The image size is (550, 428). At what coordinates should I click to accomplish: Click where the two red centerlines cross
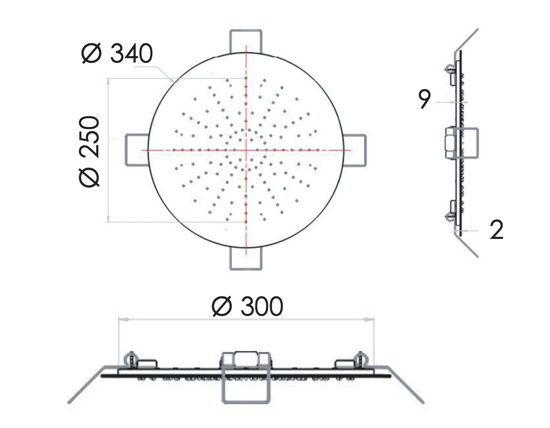[x=246, y=150]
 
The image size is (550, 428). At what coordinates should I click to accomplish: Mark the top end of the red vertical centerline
[x=246, y=45]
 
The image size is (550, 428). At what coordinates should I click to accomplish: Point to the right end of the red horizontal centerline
[x=350, y=150]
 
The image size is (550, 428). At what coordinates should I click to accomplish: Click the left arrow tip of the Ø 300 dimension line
[x=119, y=319]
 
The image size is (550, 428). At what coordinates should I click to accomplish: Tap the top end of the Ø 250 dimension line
[x=108, y=79]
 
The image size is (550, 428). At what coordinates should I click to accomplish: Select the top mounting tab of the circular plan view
[x=246, y=41]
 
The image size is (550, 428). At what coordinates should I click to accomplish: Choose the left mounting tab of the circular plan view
[x=137, y=150]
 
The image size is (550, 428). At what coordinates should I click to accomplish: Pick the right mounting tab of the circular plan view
[x=355, y=150]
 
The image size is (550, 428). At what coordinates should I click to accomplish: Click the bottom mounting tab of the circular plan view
[x=246, y=258]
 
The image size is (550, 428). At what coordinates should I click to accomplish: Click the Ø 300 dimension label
[x=247, y=306]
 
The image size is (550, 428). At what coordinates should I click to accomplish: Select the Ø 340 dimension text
[x=117, y=54]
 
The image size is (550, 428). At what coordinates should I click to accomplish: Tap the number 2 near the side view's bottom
[x=496, y=230]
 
